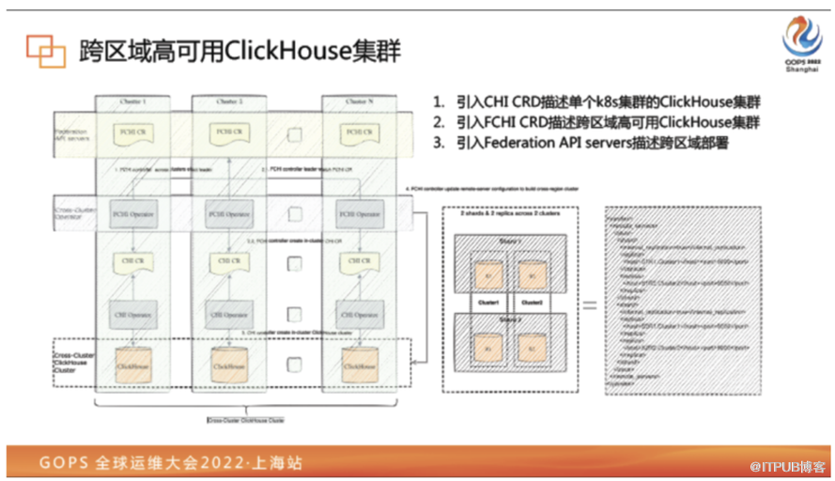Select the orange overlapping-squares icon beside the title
coord(45,51)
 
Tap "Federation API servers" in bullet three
coord(539,143)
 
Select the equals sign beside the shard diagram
coord(590,305)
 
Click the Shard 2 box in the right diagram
coord(505,346)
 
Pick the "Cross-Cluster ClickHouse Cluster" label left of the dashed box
coord(73,361)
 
